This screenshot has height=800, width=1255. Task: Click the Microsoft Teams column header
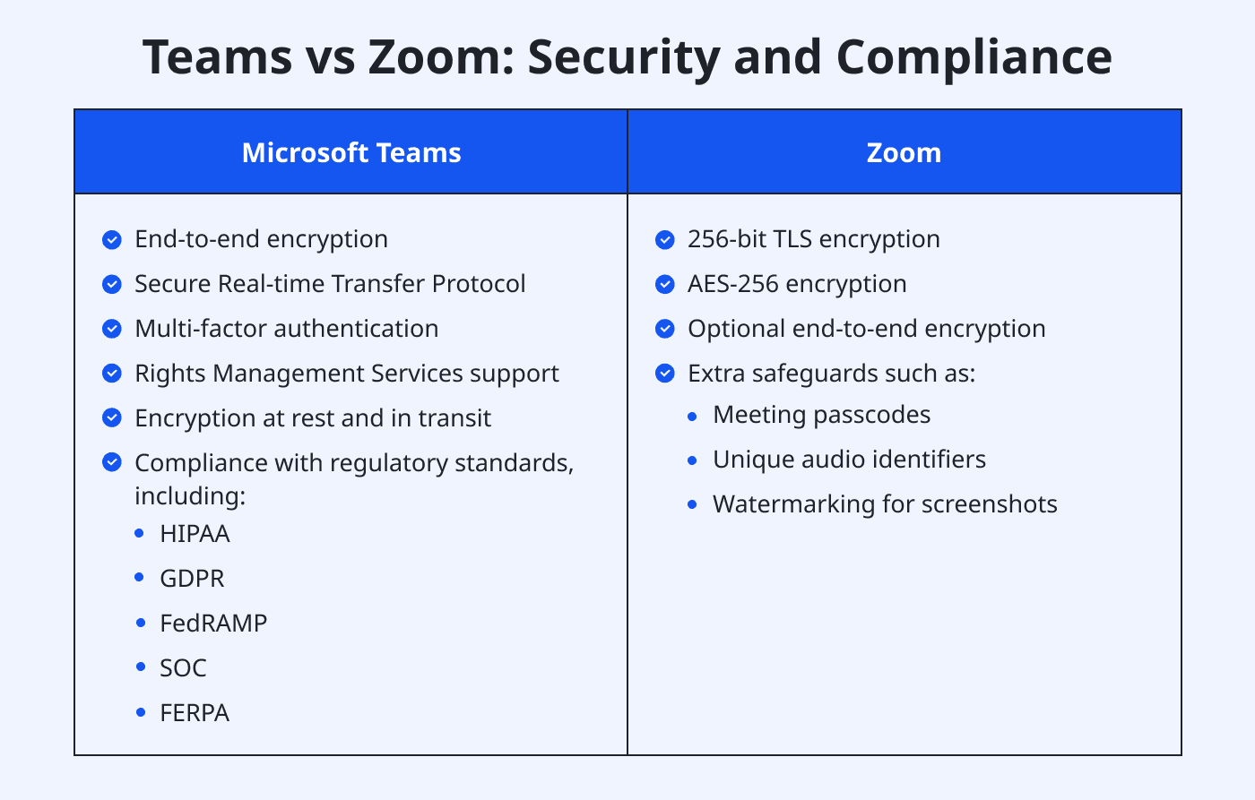351,153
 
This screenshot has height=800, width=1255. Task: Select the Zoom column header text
904,153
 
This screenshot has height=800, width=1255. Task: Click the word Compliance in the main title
974,56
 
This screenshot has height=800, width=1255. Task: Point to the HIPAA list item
195,534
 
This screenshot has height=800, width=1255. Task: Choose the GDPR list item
192,579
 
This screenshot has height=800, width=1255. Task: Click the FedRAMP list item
213,624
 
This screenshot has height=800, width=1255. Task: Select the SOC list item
183,668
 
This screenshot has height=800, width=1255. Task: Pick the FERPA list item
195,713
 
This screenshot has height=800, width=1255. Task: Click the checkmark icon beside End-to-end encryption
112,239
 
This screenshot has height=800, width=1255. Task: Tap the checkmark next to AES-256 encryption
665,284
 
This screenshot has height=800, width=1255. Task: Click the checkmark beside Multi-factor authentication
112,329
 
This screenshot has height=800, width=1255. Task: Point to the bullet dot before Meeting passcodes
692,416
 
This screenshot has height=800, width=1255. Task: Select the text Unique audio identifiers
849,460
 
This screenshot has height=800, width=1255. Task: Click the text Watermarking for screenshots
885,504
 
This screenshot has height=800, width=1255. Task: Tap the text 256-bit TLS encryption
813,239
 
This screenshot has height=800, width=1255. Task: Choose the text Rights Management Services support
346,374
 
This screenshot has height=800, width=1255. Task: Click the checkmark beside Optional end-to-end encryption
665,329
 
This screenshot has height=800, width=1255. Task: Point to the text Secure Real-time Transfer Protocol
330,284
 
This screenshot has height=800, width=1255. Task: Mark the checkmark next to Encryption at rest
112,418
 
